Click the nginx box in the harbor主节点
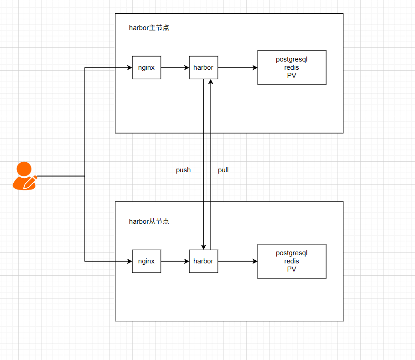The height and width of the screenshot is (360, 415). tap(146, 67)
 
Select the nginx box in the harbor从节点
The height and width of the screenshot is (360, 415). tap(146, 261)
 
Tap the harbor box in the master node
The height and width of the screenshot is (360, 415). tap(203, 67)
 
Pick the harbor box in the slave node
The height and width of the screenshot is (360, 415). tap(203, 261)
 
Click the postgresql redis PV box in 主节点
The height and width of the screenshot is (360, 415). tap(292, 67)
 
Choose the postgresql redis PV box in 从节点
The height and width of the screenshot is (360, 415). tap(292, 261)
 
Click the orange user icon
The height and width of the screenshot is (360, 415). tap(23, 176)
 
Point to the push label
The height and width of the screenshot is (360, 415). tap(183, 170)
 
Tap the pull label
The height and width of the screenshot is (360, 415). tap(223, 170)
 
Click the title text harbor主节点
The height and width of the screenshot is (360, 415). tap(149, 28)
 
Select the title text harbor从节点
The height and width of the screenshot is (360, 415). tap(149, 221)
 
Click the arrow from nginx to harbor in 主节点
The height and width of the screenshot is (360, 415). tap(175, 67)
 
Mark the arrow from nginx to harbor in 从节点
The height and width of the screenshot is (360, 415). tap(175, 261)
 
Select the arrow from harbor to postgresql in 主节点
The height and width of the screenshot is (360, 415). tap(238, 67)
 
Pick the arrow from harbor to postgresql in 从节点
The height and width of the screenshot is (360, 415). tap(238, 261)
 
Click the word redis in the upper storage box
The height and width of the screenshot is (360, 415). tap(292, 67)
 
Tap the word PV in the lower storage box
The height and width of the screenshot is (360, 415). tap(292, 269)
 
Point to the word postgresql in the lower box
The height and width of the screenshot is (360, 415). tap(292, 253)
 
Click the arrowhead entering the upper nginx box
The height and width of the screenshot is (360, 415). tap(130, 68)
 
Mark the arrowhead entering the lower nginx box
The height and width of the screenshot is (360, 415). tap(130, 261)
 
